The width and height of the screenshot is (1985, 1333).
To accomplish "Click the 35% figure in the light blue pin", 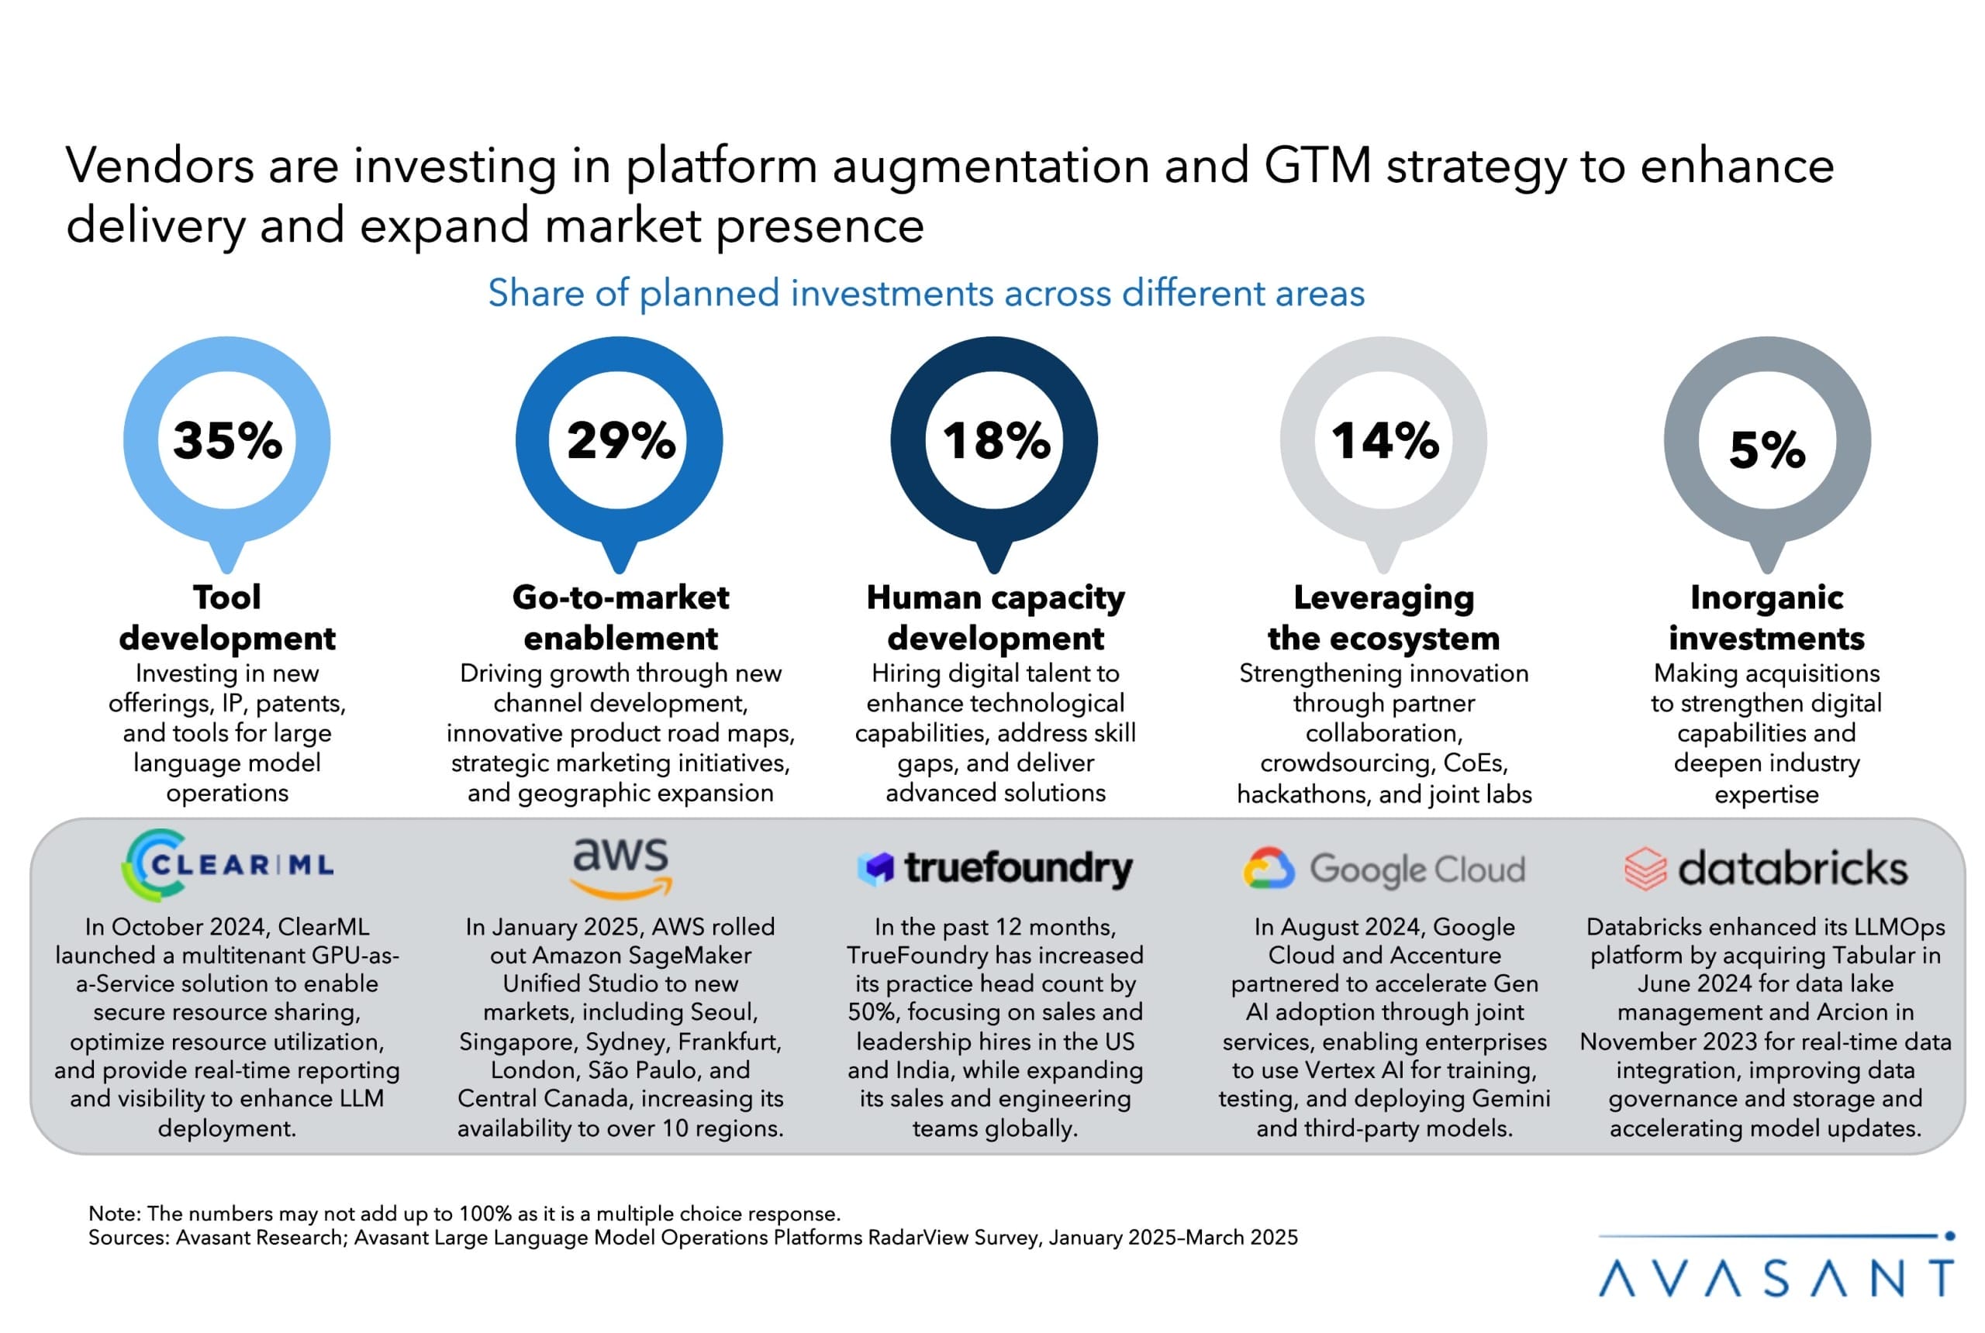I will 227,440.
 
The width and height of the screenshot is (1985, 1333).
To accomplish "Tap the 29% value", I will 620,440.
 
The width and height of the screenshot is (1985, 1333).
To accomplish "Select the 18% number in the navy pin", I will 995,440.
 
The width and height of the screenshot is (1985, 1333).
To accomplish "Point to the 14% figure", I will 1384,440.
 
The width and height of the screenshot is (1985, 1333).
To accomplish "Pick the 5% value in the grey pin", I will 1766,449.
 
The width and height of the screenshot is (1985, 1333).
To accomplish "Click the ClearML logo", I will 227,865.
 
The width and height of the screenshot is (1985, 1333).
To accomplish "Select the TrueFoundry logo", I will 994,868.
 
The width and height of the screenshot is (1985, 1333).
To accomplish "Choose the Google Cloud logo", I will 1384,869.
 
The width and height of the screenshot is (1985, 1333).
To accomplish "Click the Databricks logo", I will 1766,868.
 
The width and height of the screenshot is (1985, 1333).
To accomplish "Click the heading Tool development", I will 227,617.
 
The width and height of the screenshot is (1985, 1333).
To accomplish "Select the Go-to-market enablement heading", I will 620,617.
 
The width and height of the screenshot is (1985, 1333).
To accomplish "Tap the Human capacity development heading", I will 995,617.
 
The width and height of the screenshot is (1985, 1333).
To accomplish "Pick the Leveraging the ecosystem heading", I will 1384,617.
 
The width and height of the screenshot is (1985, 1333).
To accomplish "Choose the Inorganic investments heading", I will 1766,617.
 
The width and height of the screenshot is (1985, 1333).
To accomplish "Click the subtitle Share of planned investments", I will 925,293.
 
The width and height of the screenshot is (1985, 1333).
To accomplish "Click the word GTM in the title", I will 1317,165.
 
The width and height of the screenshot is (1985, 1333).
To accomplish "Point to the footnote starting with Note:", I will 464,1213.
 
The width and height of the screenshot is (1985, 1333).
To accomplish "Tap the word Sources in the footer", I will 128,1237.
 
